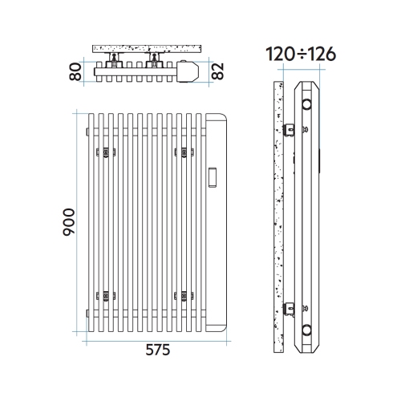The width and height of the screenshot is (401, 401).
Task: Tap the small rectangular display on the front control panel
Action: (x=215, y=176)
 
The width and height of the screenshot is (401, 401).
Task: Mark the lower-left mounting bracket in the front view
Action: (x=103, y=295)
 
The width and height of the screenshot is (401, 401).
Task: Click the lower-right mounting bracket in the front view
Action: (x=180, y=295)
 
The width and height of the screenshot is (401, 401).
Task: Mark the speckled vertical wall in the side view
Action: (x=278, y=217)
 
